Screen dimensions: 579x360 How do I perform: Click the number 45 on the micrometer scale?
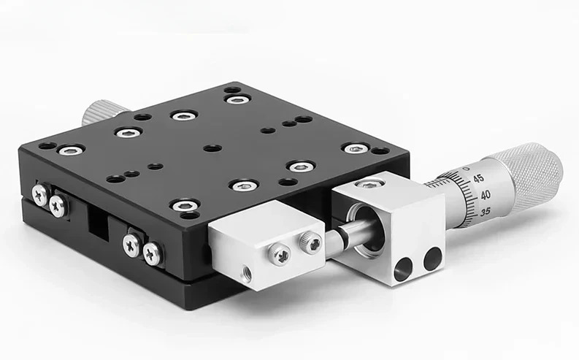(478, 178)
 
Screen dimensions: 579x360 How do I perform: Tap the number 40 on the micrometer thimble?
(486, 195)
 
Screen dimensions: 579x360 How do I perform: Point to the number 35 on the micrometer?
(486, 212)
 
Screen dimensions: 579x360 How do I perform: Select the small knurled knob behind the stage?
(100, 112)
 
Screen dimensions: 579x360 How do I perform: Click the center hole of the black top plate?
(212, 148)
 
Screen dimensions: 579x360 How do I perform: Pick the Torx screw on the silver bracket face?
(280, 254)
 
